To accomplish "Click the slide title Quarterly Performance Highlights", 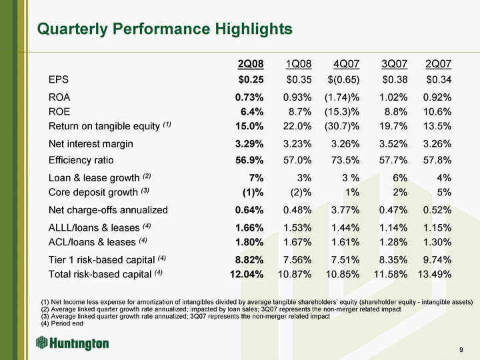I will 165,29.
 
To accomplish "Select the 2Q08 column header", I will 251,64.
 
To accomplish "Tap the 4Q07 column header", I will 347,64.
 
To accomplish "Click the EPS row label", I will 59,80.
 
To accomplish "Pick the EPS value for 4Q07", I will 342,80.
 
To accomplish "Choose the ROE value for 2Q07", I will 435,111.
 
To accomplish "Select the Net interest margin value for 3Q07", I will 387,143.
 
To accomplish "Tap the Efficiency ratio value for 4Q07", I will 343,160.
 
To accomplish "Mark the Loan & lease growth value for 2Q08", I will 255,177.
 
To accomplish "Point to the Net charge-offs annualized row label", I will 108,210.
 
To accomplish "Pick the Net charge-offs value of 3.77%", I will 343,210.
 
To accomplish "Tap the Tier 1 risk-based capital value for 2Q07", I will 435,259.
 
